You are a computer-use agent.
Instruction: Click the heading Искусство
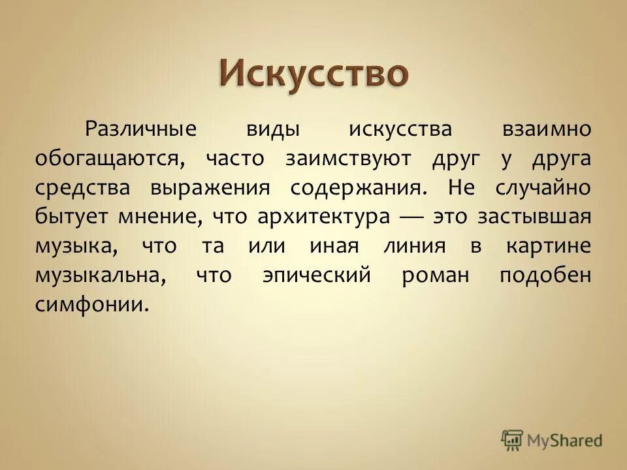pyautogui.click(x=313, y=72)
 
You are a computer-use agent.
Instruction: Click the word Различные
pyautogui.click(x=140, y=129)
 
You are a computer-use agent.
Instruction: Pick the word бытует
pyautogui.click(x=71, y=217)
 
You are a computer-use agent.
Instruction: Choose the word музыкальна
pyautogui.click(x=99, y=276)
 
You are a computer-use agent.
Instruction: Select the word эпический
pyautogui.click(x=316, y=276)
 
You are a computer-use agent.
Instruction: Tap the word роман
pyautogui.click(x=435, y=276)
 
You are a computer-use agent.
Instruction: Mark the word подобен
pyautogui.click(x=545, y=276)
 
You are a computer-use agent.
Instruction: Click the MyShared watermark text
pyautogui.click(x=565, y=440)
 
